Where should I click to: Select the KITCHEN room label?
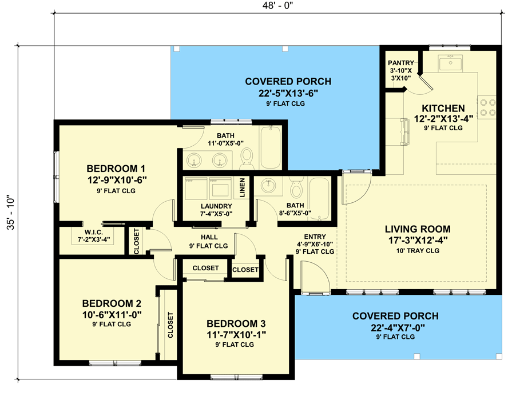point(443,108)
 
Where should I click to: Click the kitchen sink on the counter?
point(450,63)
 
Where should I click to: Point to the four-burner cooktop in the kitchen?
point(487,107)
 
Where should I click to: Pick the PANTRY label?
point(400,62)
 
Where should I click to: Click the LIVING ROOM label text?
point(419,229)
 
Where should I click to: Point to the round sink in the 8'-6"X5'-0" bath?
point(267,186)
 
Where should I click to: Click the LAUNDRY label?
point(216,206)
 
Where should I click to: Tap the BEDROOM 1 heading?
point(116,169)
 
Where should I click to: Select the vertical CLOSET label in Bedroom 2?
point(170,325)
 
